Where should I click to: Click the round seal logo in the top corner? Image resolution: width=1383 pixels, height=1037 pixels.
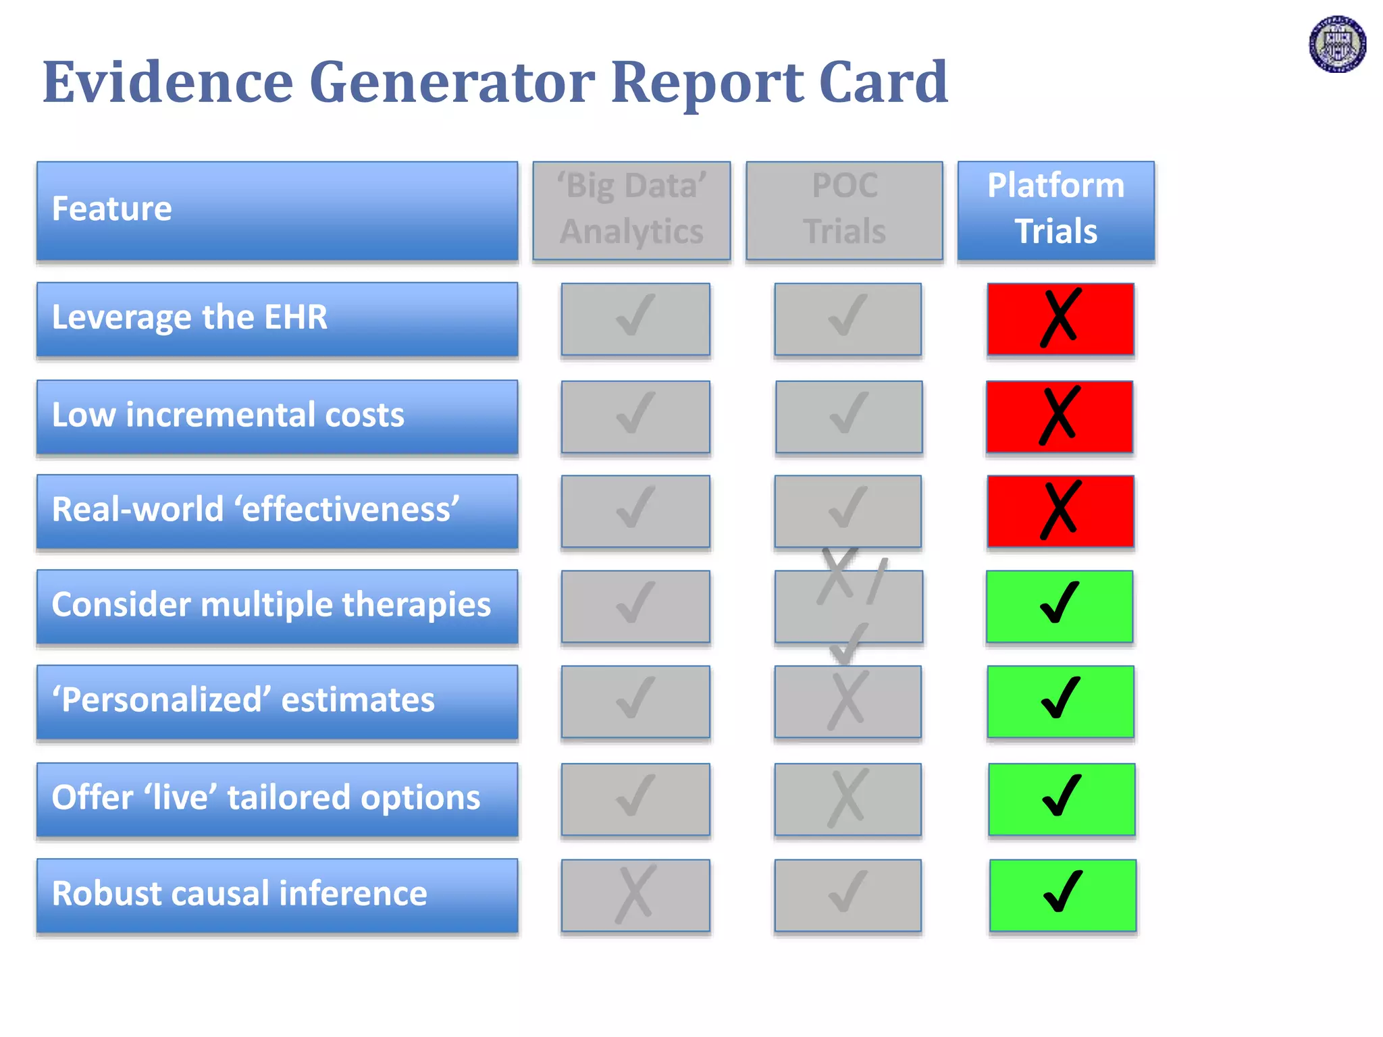(1337, 45)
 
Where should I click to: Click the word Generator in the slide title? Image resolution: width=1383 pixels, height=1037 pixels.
(452, 82)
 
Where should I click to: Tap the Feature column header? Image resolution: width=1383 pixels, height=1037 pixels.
(277, 210)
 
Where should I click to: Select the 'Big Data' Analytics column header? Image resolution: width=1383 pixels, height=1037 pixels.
(631, 210)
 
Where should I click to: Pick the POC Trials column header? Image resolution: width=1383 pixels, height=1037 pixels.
(844, 210)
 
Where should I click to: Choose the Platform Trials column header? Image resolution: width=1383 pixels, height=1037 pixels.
(1055, 210)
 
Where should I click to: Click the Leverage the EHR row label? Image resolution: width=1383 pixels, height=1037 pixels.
(277, 319)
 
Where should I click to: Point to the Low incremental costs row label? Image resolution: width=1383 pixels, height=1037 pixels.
(277, 416)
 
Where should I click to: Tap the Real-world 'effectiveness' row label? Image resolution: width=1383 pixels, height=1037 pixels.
(277, 510)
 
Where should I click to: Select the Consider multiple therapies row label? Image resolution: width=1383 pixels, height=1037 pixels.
(277, 606)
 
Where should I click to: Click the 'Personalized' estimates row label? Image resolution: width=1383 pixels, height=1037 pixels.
(277, 701)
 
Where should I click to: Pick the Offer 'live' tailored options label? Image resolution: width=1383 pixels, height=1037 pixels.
(277, 799)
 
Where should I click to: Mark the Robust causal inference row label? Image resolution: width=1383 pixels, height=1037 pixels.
(277, 895)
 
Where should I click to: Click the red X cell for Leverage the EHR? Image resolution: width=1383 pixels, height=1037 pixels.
(1060, 319)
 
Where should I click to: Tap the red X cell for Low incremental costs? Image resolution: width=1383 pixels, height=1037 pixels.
(1059, 416)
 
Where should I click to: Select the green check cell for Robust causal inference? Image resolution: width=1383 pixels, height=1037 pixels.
(1063, 895)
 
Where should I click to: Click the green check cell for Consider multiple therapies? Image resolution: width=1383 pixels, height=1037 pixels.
(1059, 606)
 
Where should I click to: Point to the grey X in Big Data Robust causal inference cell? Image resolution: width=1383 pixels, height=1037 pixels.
(635, 895)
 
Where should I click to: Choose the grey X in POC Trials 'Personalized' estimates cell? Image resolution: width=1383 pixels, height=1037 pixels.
(847, 701)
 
